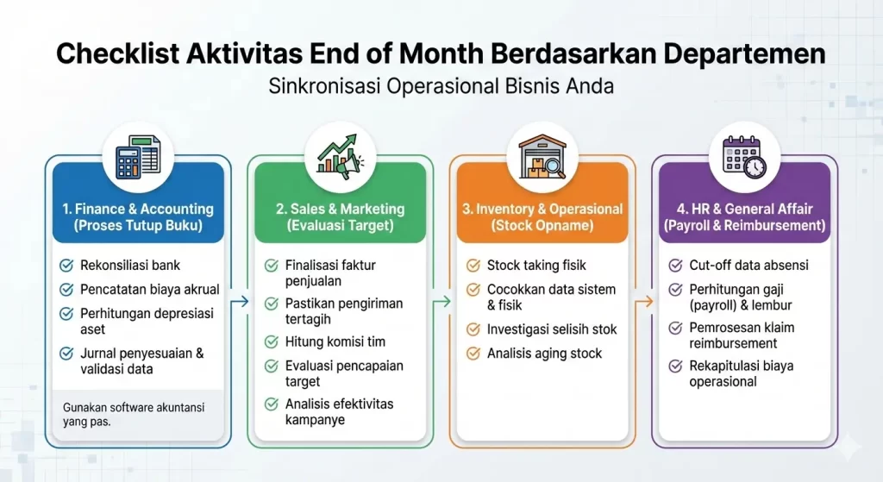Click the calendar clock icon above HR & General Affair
click(x=742, y=155)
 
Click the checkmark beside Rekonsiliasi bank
click(x=66, y=266)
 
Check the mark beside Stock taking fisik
click(x=473, y=266)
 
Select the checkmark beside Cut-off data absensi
click(x=675, y=266)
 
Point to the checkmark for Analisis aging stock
click(x=473, y=353)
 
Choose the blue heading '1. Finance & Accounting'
click(x=138, y=210)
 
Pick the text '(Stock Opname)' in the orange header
click(x=541, y=226)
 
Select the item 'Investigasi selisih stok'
click(x=552, y=329)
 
